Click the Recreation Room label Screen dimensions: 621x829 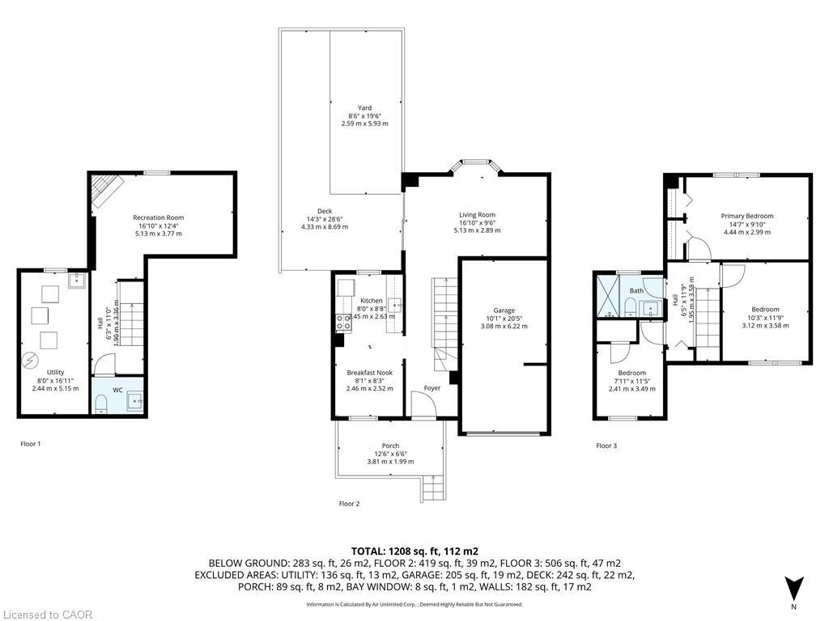159,218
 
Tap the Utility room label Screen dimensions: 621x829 55,373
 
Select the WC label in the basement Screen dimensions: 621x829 117,390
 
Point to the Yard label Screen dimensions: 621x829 365,108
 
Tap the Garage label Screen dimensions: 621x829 504,310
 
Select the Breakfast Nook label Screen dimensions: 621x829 369,373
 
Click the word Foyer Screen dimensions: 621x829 432,388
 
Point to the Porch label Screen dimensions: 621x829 390,446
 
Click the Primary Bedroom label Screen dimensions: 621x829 747,216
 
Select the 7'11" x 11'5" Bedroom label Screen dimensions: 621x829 632,373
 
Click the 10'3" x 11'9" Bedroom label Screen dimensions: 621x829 765,310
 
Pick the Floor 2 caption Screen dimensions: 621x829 350,504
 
